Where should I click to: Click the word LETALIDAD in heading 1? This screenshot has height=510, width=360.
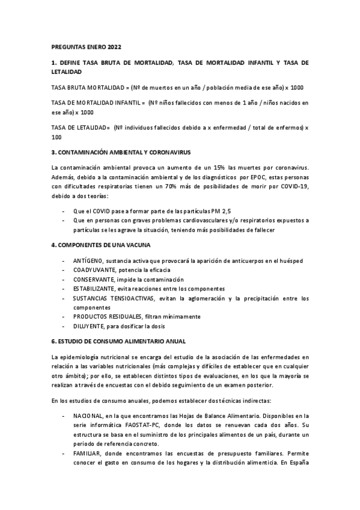tap(67, 72)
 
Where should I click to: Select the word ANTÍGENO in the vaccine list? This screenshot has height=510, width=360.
tap(88, 260)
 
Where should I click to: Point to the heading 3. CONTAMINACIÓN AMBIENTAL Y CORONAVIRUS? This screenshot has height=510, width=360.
tap(121, 152)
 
